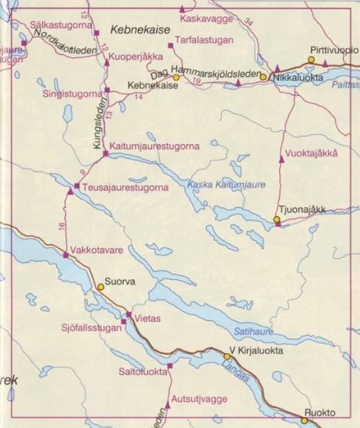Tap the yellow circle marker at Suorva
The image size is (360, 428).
tap(100, 287)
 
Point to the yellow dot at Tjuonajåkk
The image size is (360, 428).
tap(277, 221)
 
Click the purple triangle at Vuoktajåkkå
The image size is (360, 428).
tap(281, 158)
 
